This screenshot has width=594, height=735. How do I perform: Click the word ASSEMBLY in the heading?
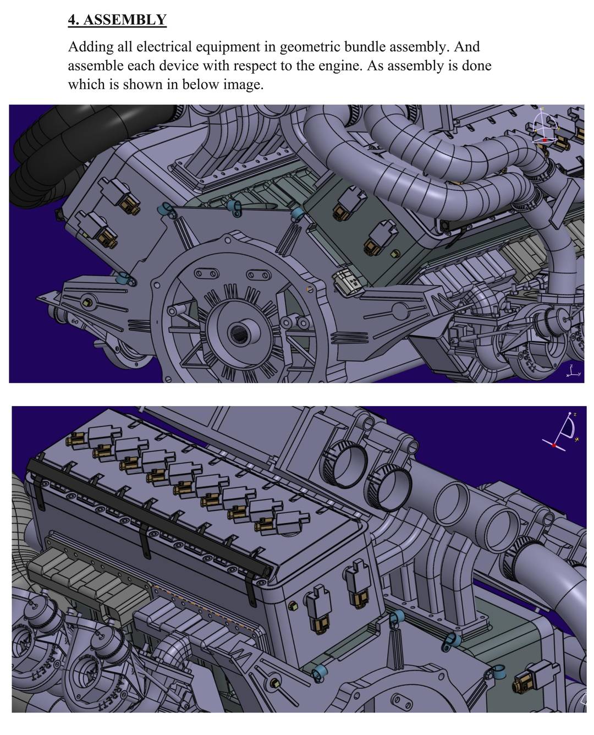tap(124, 20)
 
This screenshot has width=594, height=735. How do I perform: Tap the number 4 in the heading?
tap(71, 20)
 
